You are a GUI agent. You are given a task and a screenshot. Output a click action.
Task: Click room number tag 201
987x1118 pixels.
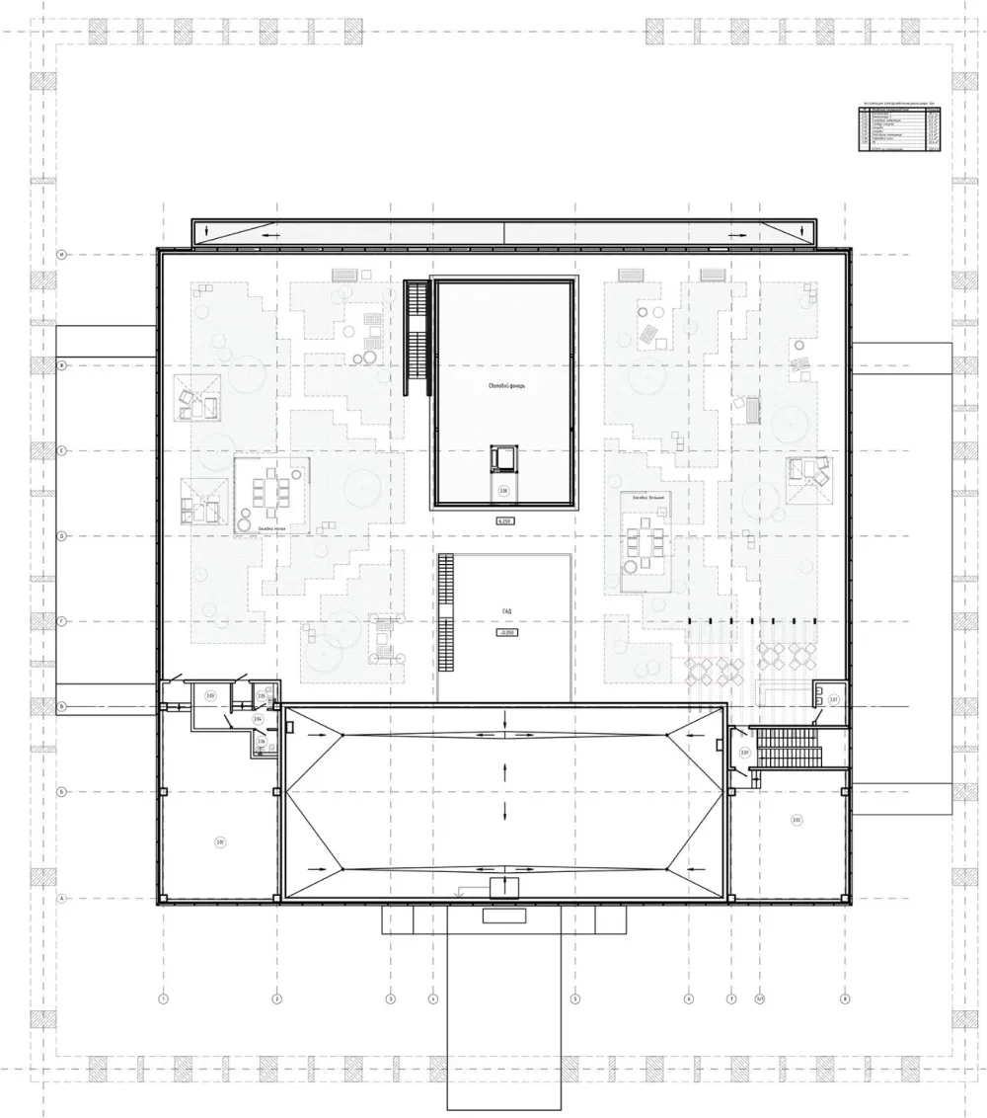[221, 841]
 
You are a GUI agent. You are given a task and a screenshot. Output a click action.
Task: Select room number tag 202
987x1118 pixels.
[796, 820]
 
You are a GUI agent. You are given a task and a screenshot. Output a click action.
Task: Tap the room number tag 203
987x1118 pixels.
[210, 696]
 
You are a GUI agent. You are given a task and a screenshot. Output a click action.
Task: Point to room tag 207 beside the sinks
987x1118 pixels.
[833, 700]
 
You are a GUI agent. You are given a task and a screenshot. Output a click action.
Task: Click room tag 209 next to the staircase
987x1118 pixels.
[743, 753]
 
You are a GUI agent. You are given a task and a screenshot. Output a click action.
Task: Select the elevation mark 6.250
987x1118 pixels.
[504, 519]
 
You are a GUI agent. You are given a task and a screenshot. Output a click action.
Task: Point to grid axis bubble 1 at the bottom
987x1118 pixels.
[162, 998]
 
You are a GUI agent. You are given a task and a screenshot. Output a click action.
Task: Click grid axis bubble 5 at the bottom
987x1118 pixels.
[574, 998]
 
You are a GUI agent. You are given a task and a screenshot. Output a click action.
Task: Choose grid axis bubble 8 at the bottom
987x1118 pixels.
[845, 998]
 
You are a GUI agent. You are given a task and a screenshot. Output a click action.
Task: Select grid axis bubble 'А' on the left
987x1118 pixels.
[61, 899]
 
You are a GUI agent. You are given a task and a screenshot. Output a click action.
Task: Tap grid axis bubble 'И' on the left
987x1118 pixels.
[61, 254]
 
